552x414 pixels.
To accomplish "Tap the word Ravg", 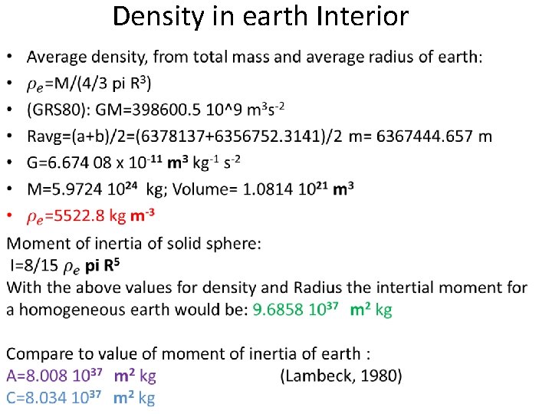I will [48, 136].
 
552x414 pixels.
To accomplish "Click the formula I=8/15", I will [34, 266].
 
